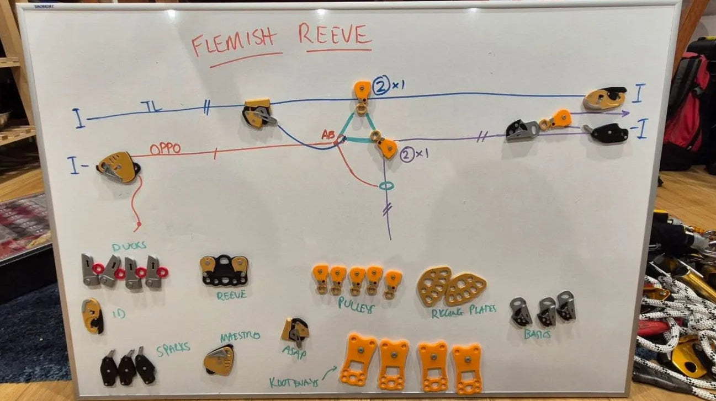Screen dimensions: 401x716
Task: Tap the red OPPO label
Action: tap(166, 149)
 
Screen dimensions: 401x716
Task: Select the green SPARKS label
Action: tap(173, 348)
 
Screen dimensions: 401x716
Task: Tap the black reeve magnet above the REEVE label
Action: tap(224, 270)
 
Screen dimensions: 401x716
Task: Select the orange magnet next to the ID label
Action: tap(92, 316)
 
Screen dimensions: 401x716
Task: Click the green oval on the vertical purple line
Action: tap(386, 186)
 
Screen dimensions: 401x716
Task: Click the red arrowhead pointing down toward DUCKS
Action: tap(137, 227)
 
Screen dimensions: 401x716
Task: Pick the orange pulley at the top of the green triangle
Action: tap(362, 91)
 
